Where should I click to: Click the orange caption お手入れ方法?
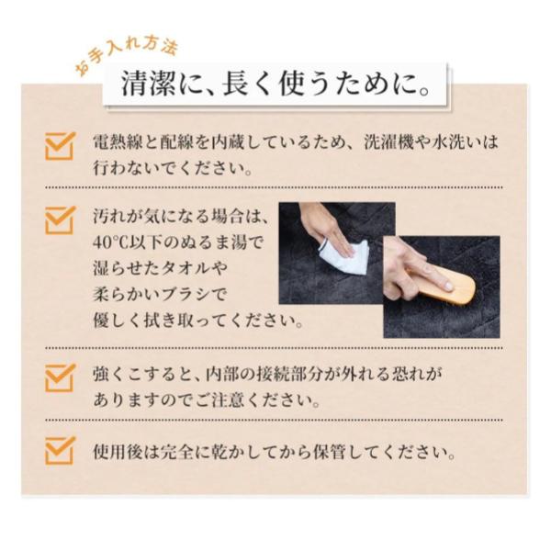click(127, 55)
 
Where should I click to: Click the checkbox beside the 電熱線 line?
click(60, 145)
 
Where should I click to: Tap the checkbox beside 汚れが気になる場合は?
click(60, 219)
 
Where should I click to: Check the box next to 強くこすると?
click(60, 377)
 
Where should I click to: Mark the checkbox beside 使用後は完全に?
click(60, 450)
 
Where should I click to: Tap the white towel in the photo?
click(343, 255)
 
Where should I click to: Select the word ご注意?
click(221, 400)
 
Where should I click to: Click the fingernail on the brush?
click(448, 286)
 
